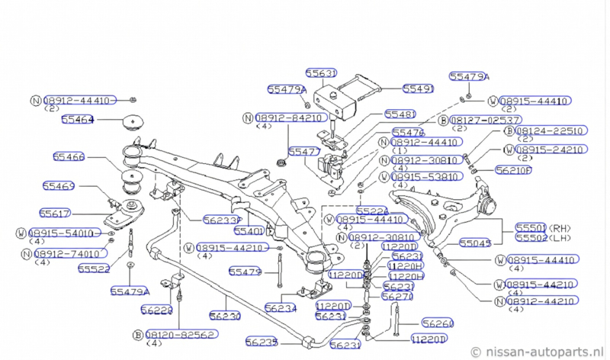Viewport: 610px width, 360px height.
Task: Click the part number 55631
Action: tap(321, 74)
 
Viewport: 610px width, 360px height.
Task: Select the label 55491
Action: tap(418, 89)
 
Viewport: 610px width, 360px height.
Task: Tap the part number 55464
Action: tap(77, 120)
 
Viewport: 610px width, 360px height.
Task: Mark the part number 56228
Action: tap(156, 310)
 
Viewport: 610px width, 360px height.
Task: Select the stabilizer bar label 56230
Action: tap(225, 314)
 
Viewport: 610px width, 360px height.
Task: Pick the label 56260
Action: tap(438, 323)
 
